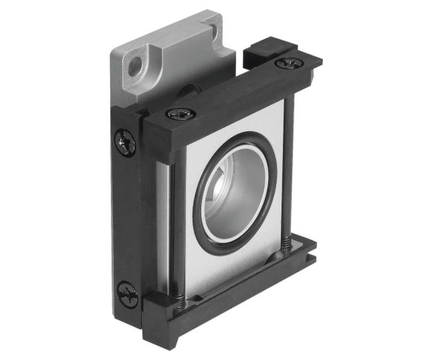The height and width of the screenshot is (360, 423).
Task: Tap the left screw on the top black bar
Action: [179, 113]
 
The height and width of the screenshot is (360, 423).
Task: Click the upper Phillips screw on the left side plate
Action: [125, 144]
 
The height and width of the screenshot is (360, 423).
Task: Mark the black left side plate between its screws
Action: [127, 217]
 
